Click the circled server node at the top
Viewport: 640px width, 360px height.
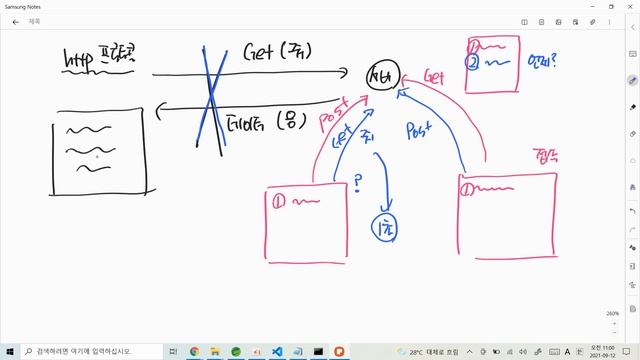[x=383, y=78]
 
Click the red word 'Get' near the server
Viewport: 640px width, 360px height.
[x=434, y=77]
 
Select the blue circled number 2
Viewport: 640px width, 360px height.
[x=474, y=61]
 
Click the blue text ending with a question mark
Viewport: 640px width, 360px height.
[x=543, y=61]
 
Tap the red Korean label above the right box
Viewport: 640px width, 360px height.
[x=545, y=155]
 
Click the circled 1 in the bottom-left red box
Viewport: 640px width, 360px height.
[x=280, y=201]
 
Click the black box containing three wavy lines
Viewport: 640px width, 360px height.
[x=100, y=155]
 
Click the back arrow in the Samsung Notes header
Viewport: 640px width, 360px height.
[x=15, y=20]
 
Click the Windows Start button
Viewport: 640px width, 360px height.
[x=9, y=351]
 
